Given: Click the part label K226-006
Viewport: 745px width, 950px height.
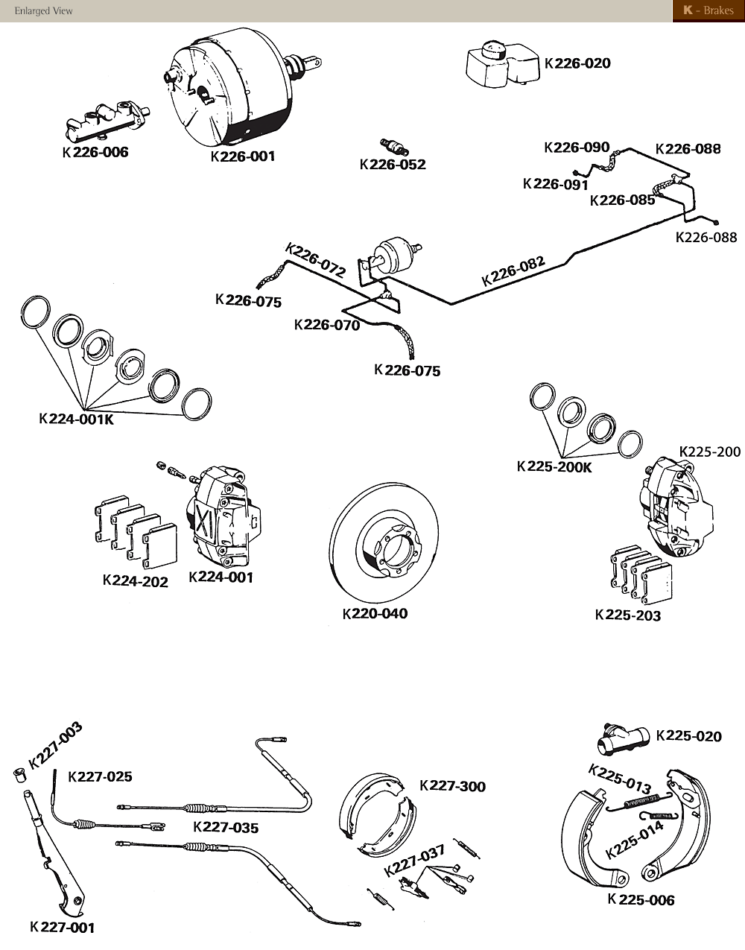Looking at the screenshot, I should pos(95,153).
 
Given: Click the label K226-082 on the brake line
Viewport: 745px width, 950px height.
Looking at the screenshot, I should pos(513,271).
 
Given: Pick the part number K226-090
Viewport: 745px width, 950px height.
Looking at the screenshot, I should pos(577,148).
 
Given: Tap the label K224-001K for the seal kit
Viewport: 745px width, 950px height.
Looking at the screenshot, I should pos(76,419).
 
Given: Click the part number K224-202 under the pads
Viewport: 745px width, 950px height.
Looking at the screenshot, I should pos(135,581).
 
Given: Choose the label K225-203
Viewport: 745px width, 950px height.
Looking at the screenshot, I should pos(628,615).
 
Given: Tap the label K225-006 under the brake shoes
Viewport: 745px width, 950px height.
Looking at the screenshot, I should pos(641,900).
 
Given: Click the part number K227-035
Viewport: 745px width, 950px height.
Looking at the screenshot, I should pos(226,827).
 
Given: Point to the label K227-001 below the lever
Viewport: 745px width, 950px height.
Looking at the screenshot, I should pos(63,928).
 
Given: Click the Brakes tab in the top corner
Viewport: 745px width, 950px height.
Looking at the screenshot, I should pos(708,11).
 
